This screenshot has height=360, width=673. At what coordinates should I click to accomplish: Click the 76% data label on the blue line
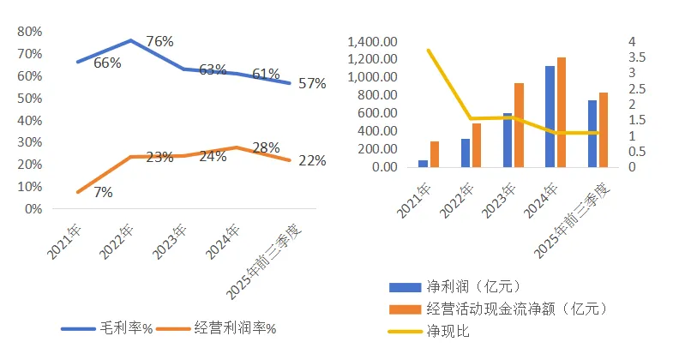[x=159, y=41]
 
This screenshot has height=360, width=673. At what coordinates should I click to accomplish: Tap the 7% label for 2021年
[x=103, y=193]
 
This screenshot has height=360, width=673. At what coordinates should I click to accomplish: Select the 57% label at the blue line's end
[x=312, y=83]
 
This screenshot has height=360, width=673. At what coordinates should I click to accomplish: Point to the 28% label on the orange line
[x=267, y=147]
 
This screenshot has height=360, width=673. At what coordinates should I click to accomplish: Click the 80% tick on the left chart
[x=31, y=32]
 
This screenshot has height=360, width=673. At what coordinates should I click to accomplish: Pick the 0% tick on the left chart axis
[x=34, y=208]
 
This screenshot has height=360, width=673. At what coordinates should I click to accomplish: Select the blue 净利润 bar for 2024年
[x=550, y=116]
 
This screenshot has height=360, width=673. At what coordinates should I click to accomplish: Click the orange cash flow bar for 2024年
[x=562, y=111]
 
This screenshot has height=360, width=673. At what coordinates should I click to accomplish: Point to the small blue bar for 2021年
[x=423, y=163]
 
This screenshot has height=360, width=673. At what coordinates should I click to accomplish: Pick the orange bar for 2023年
[x=519, y=124]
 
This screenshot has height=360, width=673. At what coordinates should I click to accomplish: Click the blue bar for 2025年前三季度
[x=592, y=133]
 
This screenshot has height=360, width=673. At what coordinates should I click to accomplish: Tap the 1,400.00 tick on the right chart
[x=372, y=42]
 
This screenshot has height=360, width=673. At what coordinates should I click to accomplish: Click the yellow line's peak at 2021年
[x=428, y=50]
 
